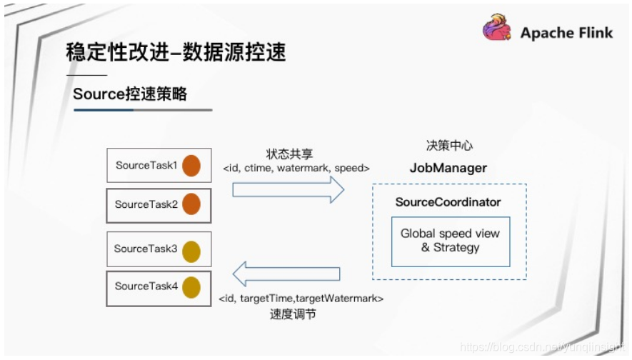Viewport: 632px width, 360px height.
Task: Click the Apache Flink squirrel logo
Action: [498, 31]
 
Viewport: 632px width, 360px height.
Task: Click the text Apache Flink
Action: [566, 33]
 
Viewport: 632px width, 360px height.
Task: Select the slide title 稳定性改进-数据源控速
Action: [176, 53]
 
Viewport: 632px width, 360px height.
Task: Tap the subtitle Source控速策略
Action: [130, 94]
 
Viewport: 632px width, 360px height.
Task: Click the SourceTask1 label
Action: [146, 166]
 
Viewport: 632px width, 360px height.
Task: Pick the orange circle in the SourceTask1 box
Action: [191, 166]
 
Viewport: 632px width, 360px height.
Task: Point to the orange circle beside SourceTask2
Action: [191, 204]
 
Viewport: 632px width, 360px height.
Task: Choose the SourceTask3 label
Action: [146, 249]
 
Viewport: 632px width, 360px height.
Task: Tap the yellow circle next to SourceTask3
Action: [191, 251]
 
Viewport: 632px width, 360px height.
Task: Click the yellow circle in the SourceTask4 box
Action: [191, 287]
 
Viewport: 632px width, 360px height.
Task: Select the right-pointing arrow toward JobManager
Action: [289, 190]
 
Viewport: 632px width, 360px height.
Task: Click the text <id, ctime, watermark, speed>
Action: [296, 169]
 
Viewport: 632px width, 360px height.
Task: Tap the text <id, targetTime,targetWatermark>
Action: [300, 299]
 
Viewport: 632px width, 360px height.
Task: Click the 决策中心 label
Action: [449, 146]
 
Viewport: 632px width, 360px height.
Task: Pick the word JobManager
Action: [448, 169]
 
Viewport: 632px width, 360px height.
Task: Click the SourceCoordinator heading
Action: [448, 203]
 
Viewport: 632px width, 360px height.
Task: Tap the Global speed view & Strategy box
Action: [451, 241]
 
